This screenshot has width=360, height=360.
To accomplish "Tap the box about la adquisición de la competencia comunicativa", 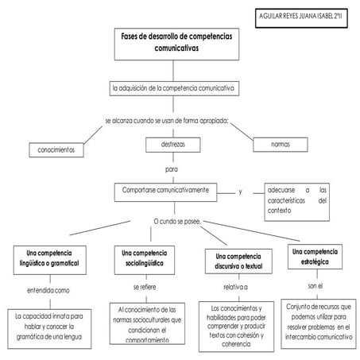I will tap(172, 87).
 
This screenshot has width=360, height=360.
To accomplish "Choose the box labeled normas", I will tap(280, 145).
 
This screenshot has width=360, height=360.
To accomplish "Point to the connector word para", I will tap(172, 168).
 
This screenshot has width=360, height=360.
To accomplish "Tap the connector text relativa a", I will tap(235, 285).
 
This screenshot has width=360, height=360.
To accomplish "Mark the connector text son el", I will tap(316, 284).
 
